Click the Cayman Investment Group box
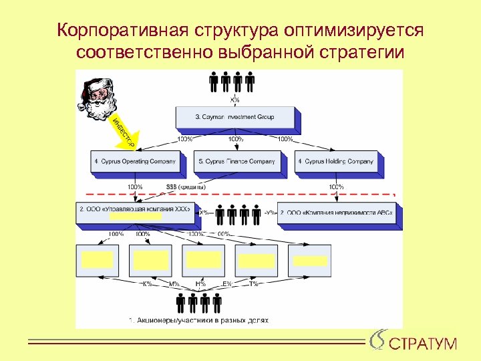coord(235,117)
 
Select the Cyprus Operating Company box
coord(134,161)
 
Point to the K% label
coord(147,283)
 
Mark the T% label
coord(254,283)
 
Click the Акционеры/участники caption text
coord(198,320)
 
